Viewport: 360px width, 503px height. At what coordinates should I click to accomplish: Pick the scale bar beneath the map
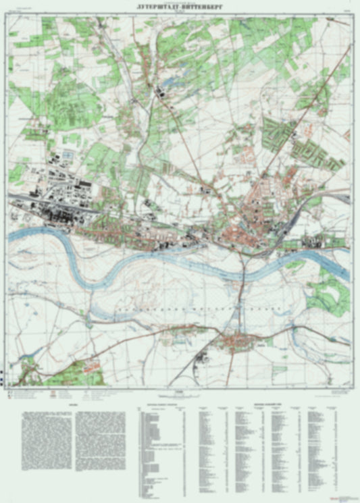tap(180, 393)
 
